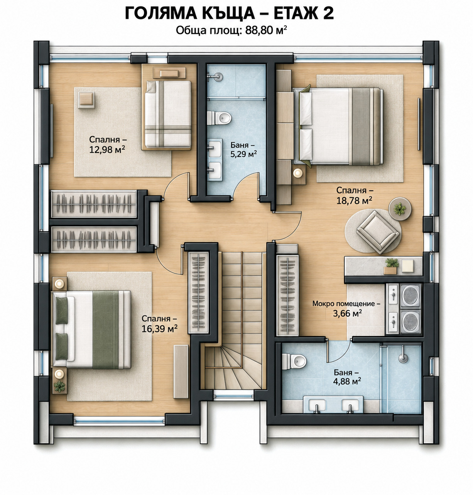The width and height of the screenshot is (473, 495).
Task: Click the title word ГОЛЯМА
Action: pos(161,13)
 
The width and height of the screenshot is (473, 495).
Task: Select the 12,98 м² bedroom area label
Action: pos(107,144)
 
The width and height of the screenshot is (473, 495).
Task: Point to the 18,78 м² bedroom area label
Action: pos(355,195)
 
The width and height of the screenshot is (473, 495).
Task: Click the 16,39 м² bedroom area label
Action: pos(159,324)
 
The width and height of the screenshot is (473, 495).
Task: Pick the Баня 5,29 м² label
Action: pos(243,150)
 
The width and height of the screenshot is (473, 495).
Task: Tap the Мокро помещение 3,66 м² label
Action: pos(347,308)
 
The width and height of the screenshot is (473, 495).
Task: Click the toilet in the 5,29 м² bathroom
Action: pos(219,118)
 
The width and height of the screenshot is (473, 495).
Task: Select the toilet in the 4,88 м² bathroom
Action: pos(294,361)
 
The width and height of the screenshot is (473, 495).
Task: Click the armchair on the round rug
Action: pos(377,232)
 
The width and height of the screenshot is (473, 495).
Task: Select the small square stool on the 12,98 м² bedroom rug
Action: pos(86,100)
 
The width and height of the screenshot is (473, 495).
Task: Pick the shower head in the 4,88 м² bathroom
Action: pos(402,357)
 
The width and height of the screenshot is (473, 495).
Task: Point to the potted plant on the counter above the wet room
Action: pos(391,265)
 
